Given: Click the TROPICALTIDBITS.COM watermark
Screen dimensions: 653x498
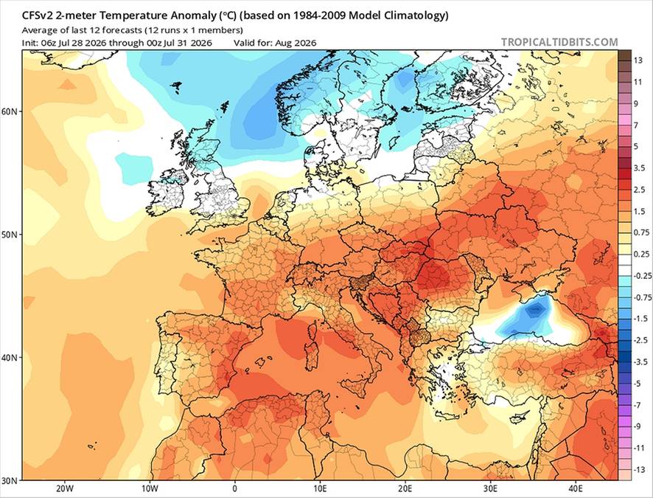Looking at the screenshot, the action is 559,42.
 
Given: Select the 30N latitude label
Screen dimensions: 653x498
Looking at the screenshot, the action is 12,480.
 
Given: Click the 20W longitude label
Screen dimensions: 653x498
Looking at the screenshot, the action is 65,488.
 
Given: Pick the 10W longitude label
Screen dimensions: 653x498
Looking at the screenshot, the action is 150,488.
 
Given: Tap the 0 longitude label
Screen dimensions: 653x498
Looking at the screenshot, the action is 235,488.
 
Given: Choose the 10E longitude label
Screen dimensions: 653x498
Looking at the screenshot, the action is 320,488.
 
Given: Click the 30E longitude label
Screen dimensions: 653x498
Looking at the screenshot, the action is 490,488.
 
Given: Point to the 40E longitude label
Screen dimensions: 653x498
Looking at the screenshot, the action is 576,488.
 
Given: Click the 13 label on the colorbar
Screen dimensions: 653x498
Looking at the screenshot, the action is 638,60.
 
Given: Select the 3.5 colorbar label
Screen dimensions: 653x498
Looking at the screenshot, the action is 639,168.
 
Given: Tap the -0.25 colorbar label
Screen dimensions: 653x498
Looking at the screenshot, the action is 641,276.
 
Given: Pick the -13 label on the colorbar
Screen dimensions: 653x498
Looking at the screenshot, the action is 639,470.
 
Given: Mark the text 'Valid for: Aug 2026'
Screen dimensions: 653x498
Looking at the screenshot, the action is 275,43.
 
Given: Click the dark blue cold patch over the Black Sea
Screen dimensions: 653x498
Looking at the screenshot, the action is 536,310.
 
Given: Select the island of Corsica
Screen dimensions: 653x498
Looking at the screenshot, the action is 311,333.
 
